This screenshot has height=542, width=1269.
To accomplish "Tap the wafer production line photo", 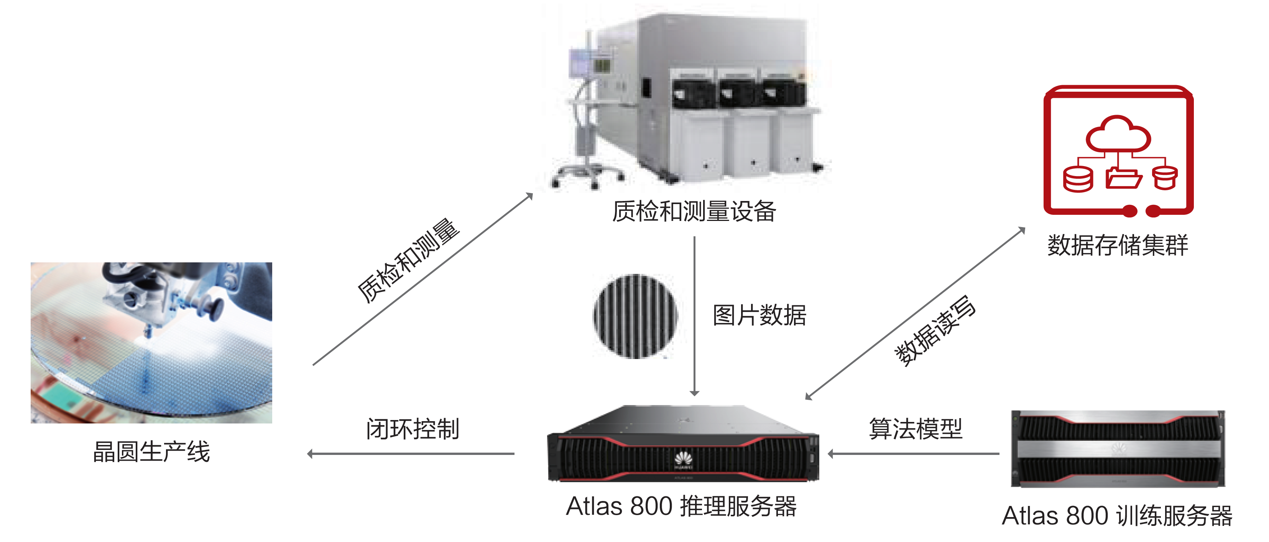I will (x=151, y=343).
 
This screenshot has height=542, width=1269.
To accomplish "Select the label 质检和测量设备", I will (x=694, y=211).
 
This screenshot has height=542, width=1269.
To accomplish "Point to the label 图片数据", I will (x=759, y=315).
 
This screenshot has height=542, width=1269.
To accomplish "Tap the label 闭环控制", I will (x=412, y=429).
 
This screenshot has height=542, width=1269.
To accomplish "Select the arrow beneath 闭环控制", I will (x=411, y=454).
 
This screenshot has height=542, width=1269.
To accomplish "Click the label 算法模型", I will (x=915, y=429).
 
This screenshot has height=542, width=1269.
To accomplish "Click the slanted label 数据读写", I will (x=935, y=331).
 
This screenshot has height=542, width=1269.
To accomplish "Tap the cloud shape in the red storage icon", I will (x=1118, y=134).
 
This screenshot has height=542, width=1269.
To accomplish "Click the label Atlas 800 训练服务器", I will (x=1117, y=516).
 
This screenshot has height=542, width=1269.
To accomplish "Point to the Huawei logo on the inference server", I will (x=683, y=460).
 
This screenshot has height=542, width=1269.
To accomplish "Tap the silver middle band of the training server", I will (x=1118, y=448).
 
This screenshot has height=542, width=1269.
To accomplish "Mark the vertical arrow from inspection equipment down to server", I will (x=695, y=315).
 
